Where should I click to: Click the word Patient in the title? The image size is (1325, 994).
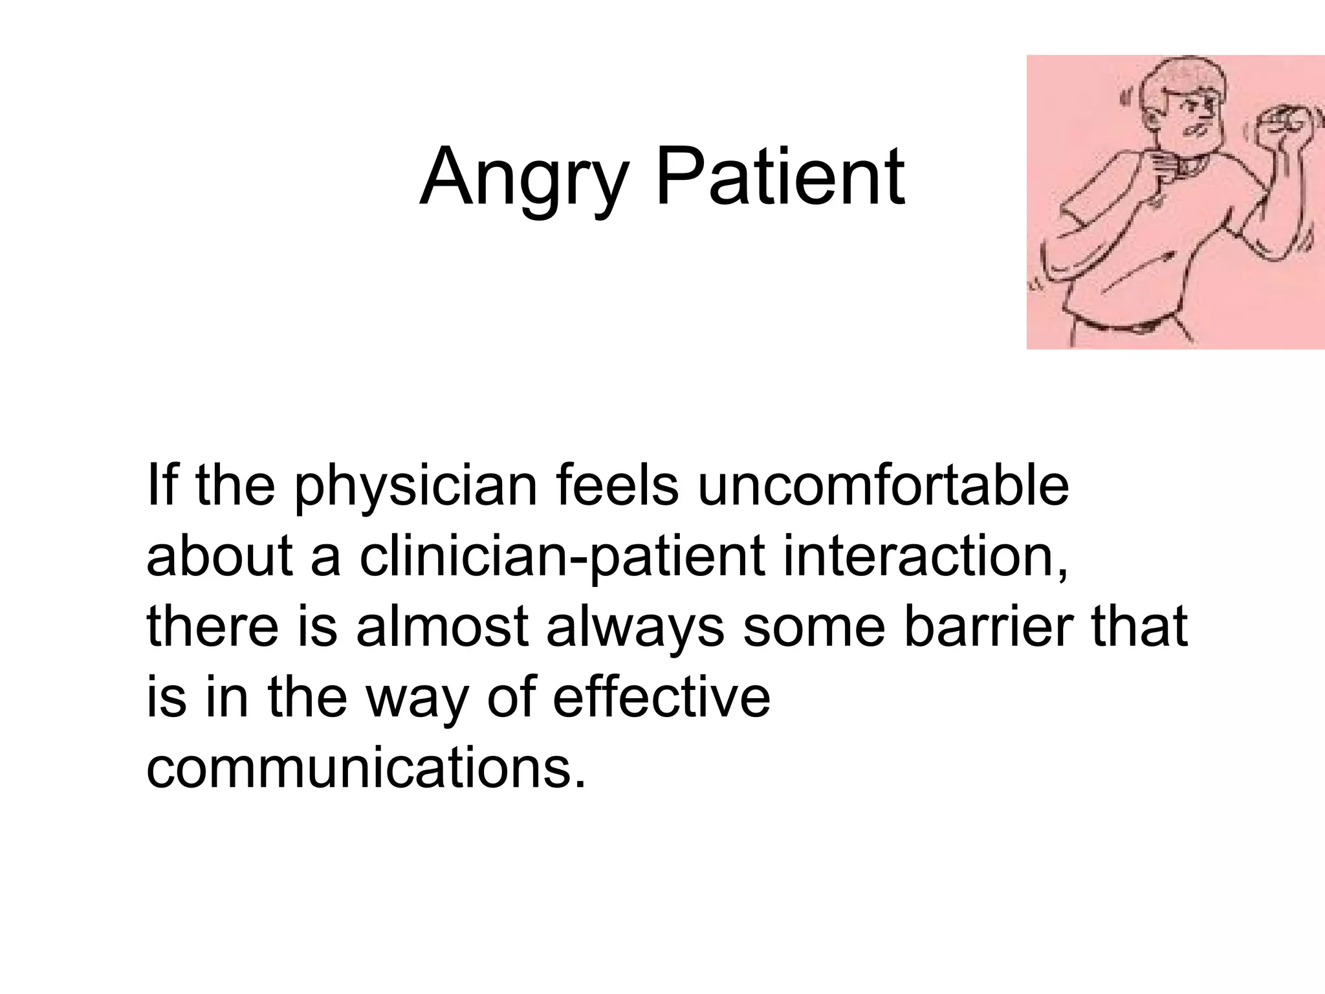coord(780,176)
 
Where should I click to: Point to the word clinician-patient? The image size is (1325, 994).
coord(562,557)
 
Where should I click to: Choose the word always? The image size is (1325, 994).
coord(635,628)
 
